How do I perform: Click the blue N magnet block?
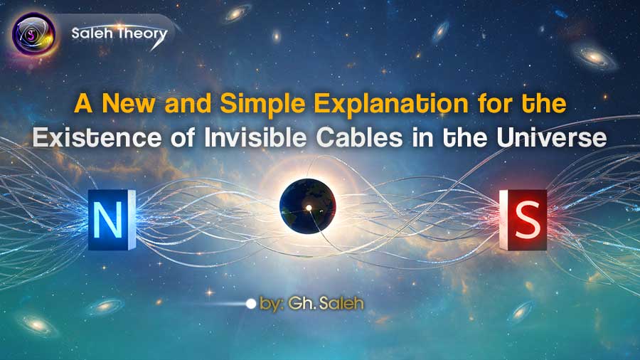(112, 220)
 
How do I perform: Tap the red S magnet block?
(523, 220)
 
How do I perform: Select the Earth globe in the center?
(308, 206)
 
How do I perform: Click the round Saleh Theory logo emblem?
(33, 34)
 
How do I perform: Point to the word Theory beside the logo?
(143, 34)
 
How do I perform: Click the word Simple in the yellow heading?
(262, 103)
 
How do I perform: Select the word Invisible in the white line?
(255, 138)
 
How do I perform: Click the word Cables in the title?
(359, 138)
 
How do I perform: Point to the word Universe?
(551, 138)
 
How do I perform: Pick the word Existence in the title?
(97, 138)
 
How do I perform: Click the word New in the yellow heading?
(129, 103)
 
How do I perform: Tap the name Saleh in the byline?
(341, 303)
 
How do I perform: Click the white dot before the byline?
(251, 304)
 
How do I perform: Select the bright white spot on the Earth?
(309, 208)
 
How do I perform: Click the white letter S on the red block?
(528, 221)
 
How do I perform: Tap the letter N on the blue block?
(108, 220)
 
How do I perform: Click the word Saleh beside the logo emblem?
(92, 33)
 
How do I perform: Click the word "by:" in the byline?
(272, 305)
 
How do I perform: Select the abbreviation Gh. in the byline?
(302, 303)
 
